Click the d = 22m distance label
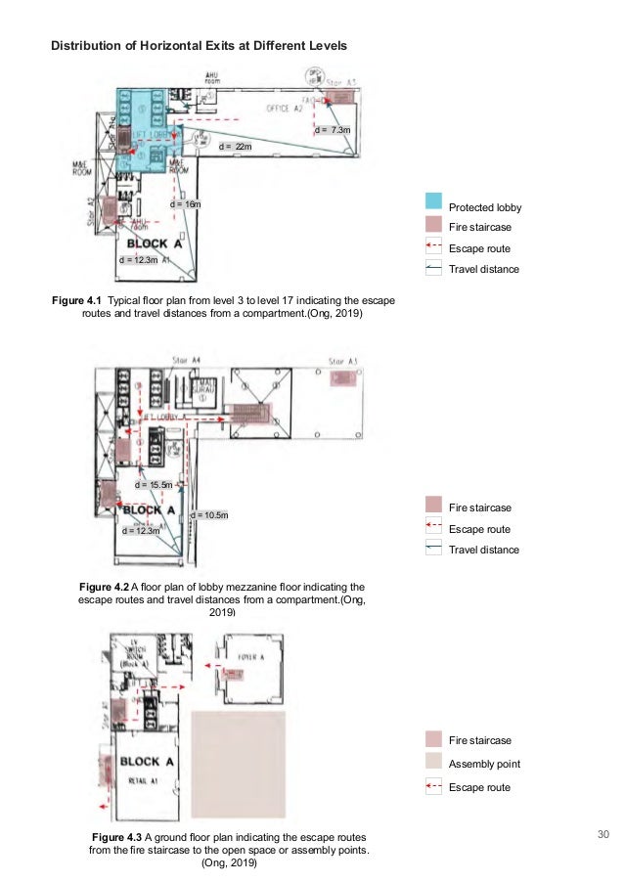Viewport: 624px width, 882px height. click(x=235, y=146)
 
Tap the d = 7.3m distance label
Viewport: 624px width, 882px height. click(x=333, y=129)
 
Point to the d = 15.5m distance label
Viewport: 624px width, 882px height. click(x=155, y=484)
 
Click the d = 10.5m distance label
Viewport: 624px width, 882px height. click(x=209, y=514)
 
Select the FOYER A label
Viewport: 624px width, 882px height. click(x=252, y=658)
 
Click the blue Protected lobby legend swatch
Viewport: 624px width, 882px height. click(x=434, y=203)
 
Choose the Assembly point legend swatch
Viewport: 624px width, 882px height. click(x=434, y=764)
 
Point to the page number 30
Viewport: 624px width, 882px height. click(x=602, y=834)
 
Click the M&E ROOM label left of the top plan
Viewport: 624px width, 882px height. click(x=80, y=168)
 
